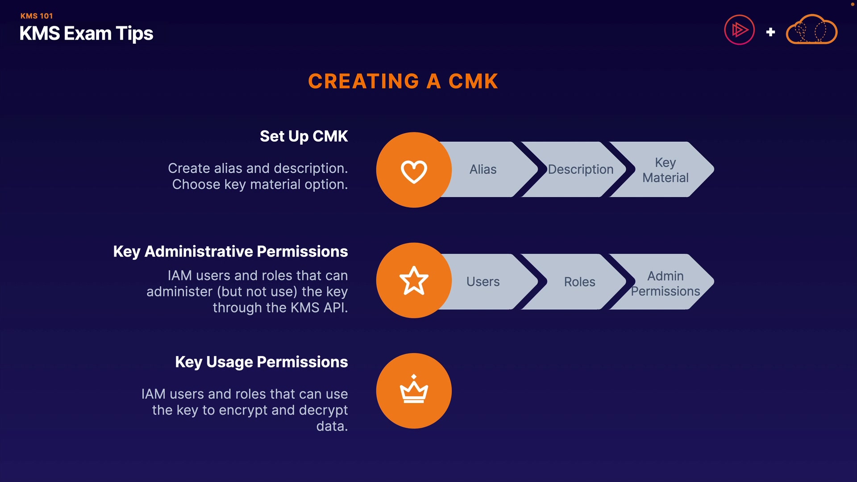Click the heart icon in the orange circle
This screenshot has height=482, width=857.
[x=414, y=171]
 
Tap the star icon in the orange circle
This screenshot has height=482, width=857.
[x=414, y=281]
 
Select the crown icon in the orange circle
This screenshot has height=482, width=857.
[x=414, y=390]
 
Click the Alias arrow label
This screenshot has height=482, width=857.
[x=483, y=170]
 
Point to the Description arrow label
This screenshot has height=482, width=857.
[x=580, y=170]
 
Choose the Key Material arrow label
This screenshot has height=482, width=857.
[x=665, y=170]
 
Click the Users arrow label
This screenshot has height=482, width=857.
[x=483, y=282]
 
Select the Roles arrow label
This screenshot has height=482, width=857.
[x=579, y=282]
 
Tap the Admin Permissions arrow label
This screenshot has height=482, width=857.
[x=665, y=283]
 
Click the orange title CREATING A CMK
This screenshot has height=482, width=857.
[x=403, y=82]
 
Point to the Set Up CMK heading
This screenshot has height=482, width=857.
[x=304, y=136]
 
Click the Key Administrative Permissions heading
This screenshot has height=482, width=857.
[x=230, y=251]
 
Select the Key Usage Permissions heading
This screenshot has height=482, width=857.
[x=261, y=362]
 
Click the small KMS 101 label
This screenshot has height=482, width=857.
[x=37, y=16]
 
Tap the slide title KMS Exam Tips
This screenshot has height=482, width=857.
[x=86, y=33]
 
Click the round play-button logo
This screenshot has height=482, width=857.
[x=739, y=30]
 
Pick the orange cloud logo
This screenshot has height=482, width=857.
[x=811, y=30]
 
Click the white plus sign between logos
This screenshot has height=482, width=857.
[x=770, y=32]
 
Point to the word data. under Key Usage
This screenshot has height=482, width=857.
[x=332, y=426]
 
